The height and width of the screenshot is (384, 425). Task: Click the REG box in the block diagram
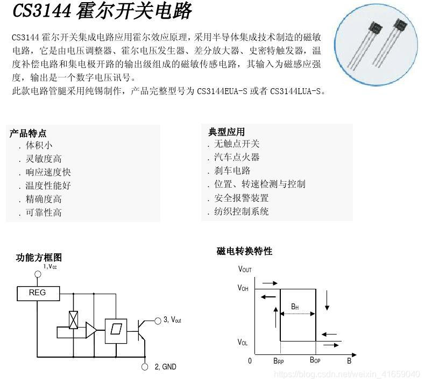tap(37, 293)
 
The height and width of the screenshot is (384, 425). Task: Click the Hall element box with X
tap(74, 320)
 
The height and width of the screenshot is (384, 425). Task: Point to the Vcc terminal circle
tap(38, 274)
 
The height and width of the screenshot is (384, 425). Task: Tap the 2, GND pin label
tap(165, 367)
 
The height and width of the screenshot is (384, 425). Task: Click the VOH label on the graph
tap(243, 288)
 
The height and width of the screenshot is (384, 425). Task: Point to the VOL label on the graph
tap(243, 342)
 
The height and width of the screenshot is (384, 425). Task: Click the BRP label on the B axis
tap(278, 361)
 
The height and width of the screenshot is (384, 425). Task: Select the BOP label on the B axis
tap(315, 361)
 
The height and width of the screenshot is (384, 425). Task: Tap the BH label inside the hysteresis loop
tap(295, 307)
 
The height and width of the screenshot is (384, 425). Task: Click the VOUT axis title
tap(245, 269)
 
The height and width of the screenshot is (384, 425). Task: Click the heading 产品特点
tap(28, 133)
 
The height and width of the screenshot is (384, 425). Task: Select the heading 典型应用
tap(226, 132)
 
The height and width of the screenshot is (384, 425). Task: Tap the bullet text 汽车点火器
tap(237, 157)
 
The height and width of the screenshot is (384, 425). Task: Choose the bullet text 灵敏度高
tap(44, 159)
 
